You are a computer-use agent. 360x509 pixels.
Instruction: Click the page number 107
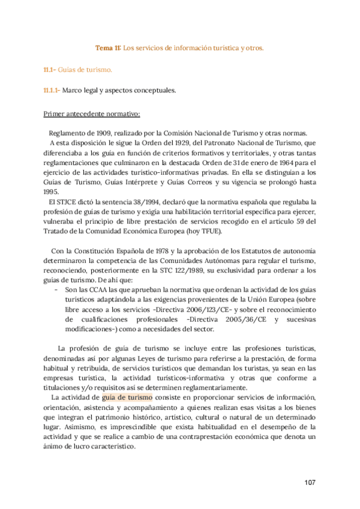click(x=309, y=483)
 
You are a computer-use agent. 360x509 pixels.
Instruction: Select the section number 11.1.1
click(x=50, y=91)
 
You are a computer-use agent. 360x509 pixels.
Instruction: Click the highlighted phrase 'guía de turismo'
click(x=128, y=397)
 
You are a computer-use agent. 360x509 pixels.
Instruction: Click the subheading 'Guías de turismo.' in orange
click(x=85, y=71)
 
